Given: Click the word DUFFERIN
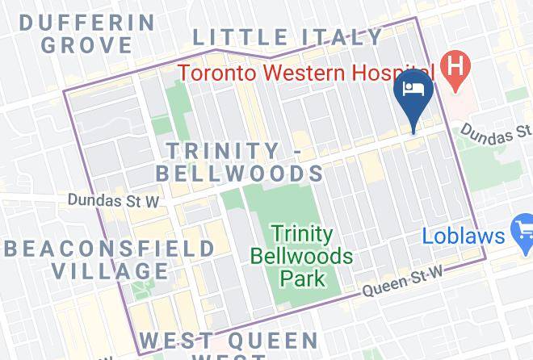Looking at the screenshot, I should coord(86,21).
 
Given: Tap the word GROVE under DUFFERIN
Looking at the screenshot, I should coord(86,44).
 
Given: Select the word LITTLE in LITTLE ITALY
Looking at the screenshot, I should coord(240,37).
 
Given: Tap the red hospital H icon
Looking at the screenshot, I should coord(455,65).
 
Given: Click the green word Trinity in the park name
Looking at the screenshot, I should coord(301,234).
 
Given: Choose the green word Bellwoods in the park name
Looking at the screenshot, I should coord(301,257).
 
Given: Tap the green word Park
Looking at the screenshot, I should coord(301,279).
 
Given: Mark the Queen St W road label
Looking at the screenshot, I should coord(402,283).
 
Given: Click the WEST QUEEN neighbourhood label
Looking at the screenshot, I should coord(229,341).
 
